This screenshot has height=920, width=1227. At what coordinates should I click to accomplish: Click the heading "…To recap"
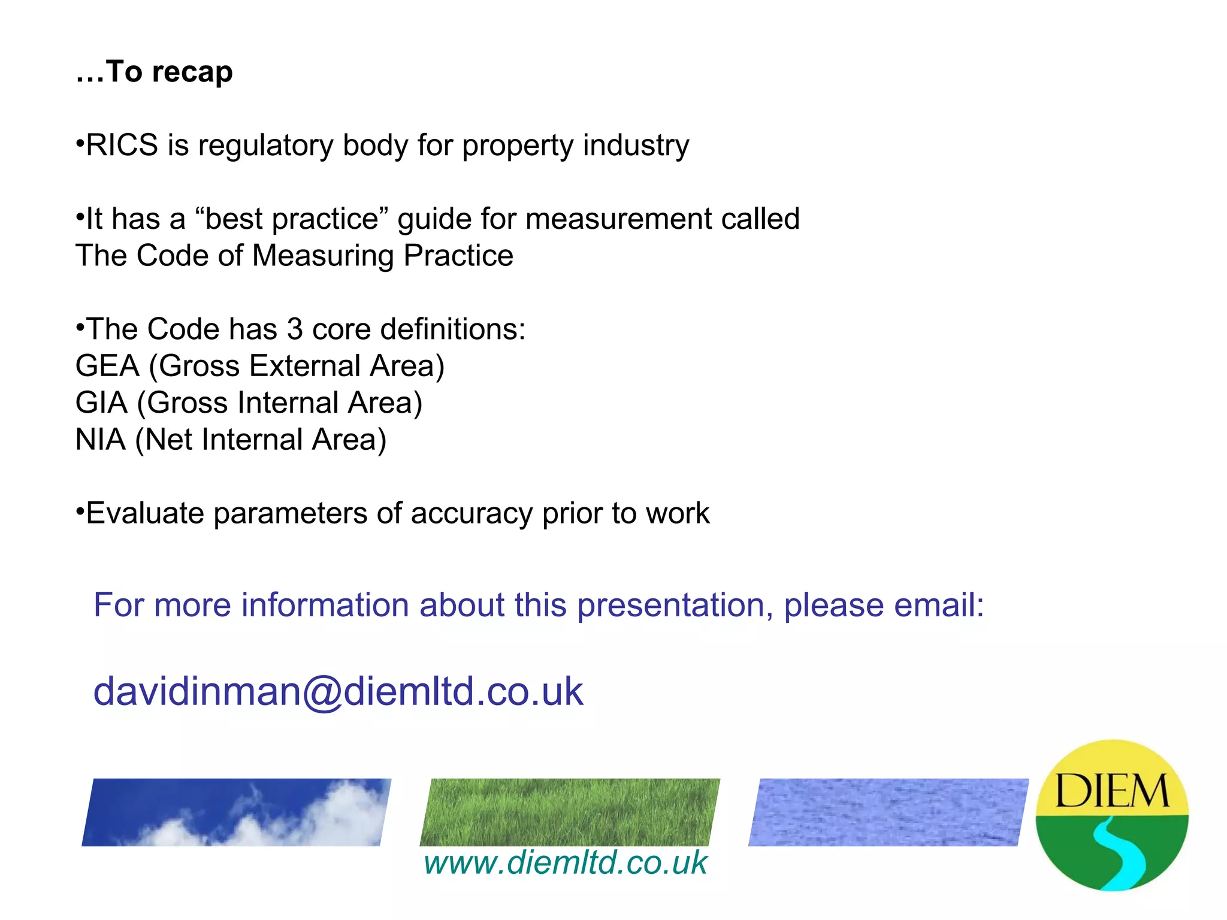[x=154, y=72]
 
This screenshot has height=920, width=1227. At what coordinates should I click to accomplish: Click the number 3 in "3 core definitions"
[x=294, y=329]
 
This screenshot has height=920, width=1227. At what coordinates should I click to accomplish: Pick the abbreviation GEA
[x=107, y=366]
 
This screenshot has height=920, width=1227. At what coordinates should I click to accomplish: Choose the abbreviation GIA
[x=101, y=403]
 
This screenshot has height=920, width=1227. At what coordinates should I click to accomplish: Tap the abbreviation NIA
[x=101, y=440]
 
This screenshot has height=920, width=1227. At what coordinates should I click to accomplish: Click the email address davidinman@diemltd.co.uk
[x=338, y=691]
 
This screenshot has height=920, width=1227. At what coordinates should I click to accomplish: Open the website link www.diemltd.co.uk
[x=566, y=862]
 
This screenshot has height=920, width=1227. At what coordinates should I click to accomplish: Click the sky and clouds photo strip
[x=236, y=812]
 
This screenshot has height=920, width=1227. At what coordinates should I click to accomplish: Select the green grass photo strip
[x=570, y=812]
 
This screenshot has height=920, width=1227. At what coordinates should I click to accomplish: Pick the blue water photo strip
[x=888, y=812]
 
